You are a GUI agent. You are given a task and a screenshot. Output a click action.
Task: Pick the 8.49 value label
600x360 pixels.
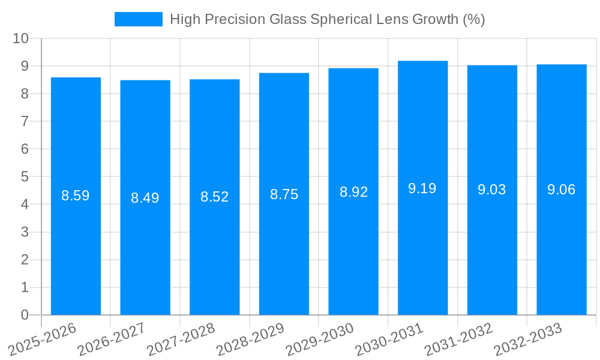pos(145,198)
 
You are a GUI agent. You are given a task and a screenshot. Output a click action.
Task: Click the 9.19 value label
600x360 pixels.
pos(422,188)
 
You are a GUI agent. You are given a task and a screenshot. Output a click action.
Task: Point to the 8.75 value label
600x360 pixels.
pos(284,194)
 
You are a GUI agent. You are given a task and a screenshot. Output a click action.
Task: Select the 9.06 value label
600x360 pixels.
pos(561,190)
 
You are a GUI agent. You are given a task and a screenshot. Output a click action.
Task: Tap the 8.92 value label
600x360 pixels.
pos(353,192)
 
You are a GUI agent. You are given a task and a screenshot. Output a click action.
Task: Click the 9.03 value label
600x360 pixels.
pos(492,190)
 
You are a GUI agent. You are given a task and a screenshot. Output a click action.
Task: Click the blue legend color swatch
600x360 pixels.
pos(139,19)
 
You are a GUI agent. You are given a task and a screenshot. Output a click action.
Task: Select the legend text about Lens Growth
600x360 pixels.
pos(327,19)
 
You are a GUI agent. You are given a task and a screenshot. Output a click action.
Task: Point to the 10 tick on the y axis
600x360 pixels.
pos(21,38)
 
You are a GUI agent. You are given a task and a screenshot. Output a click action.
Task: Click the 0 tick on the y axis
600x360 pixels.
pos(25,315)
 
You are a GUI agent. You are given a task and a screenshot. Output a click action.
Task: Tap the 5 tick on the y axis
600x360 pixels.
pos(25,177)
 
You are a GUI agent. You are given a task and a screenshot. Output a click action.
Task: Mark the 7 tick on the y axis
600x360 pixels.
pos(25,121)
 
